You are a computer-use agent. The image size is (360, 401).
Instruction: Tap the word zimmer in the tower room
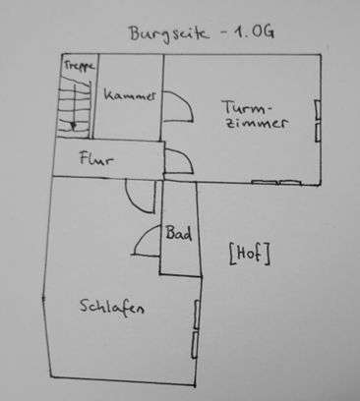(254, 125)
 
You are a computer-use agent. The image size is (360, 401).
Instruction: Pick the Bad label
(178, 236)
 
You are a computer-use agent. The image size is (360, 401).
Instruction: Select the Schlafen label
(112, 308)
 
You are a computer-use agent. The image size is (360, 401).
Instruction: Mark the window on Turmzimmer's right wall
(317, 117)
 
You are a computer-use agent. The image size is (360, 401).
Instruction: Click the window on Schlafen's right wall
(196, 328)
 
